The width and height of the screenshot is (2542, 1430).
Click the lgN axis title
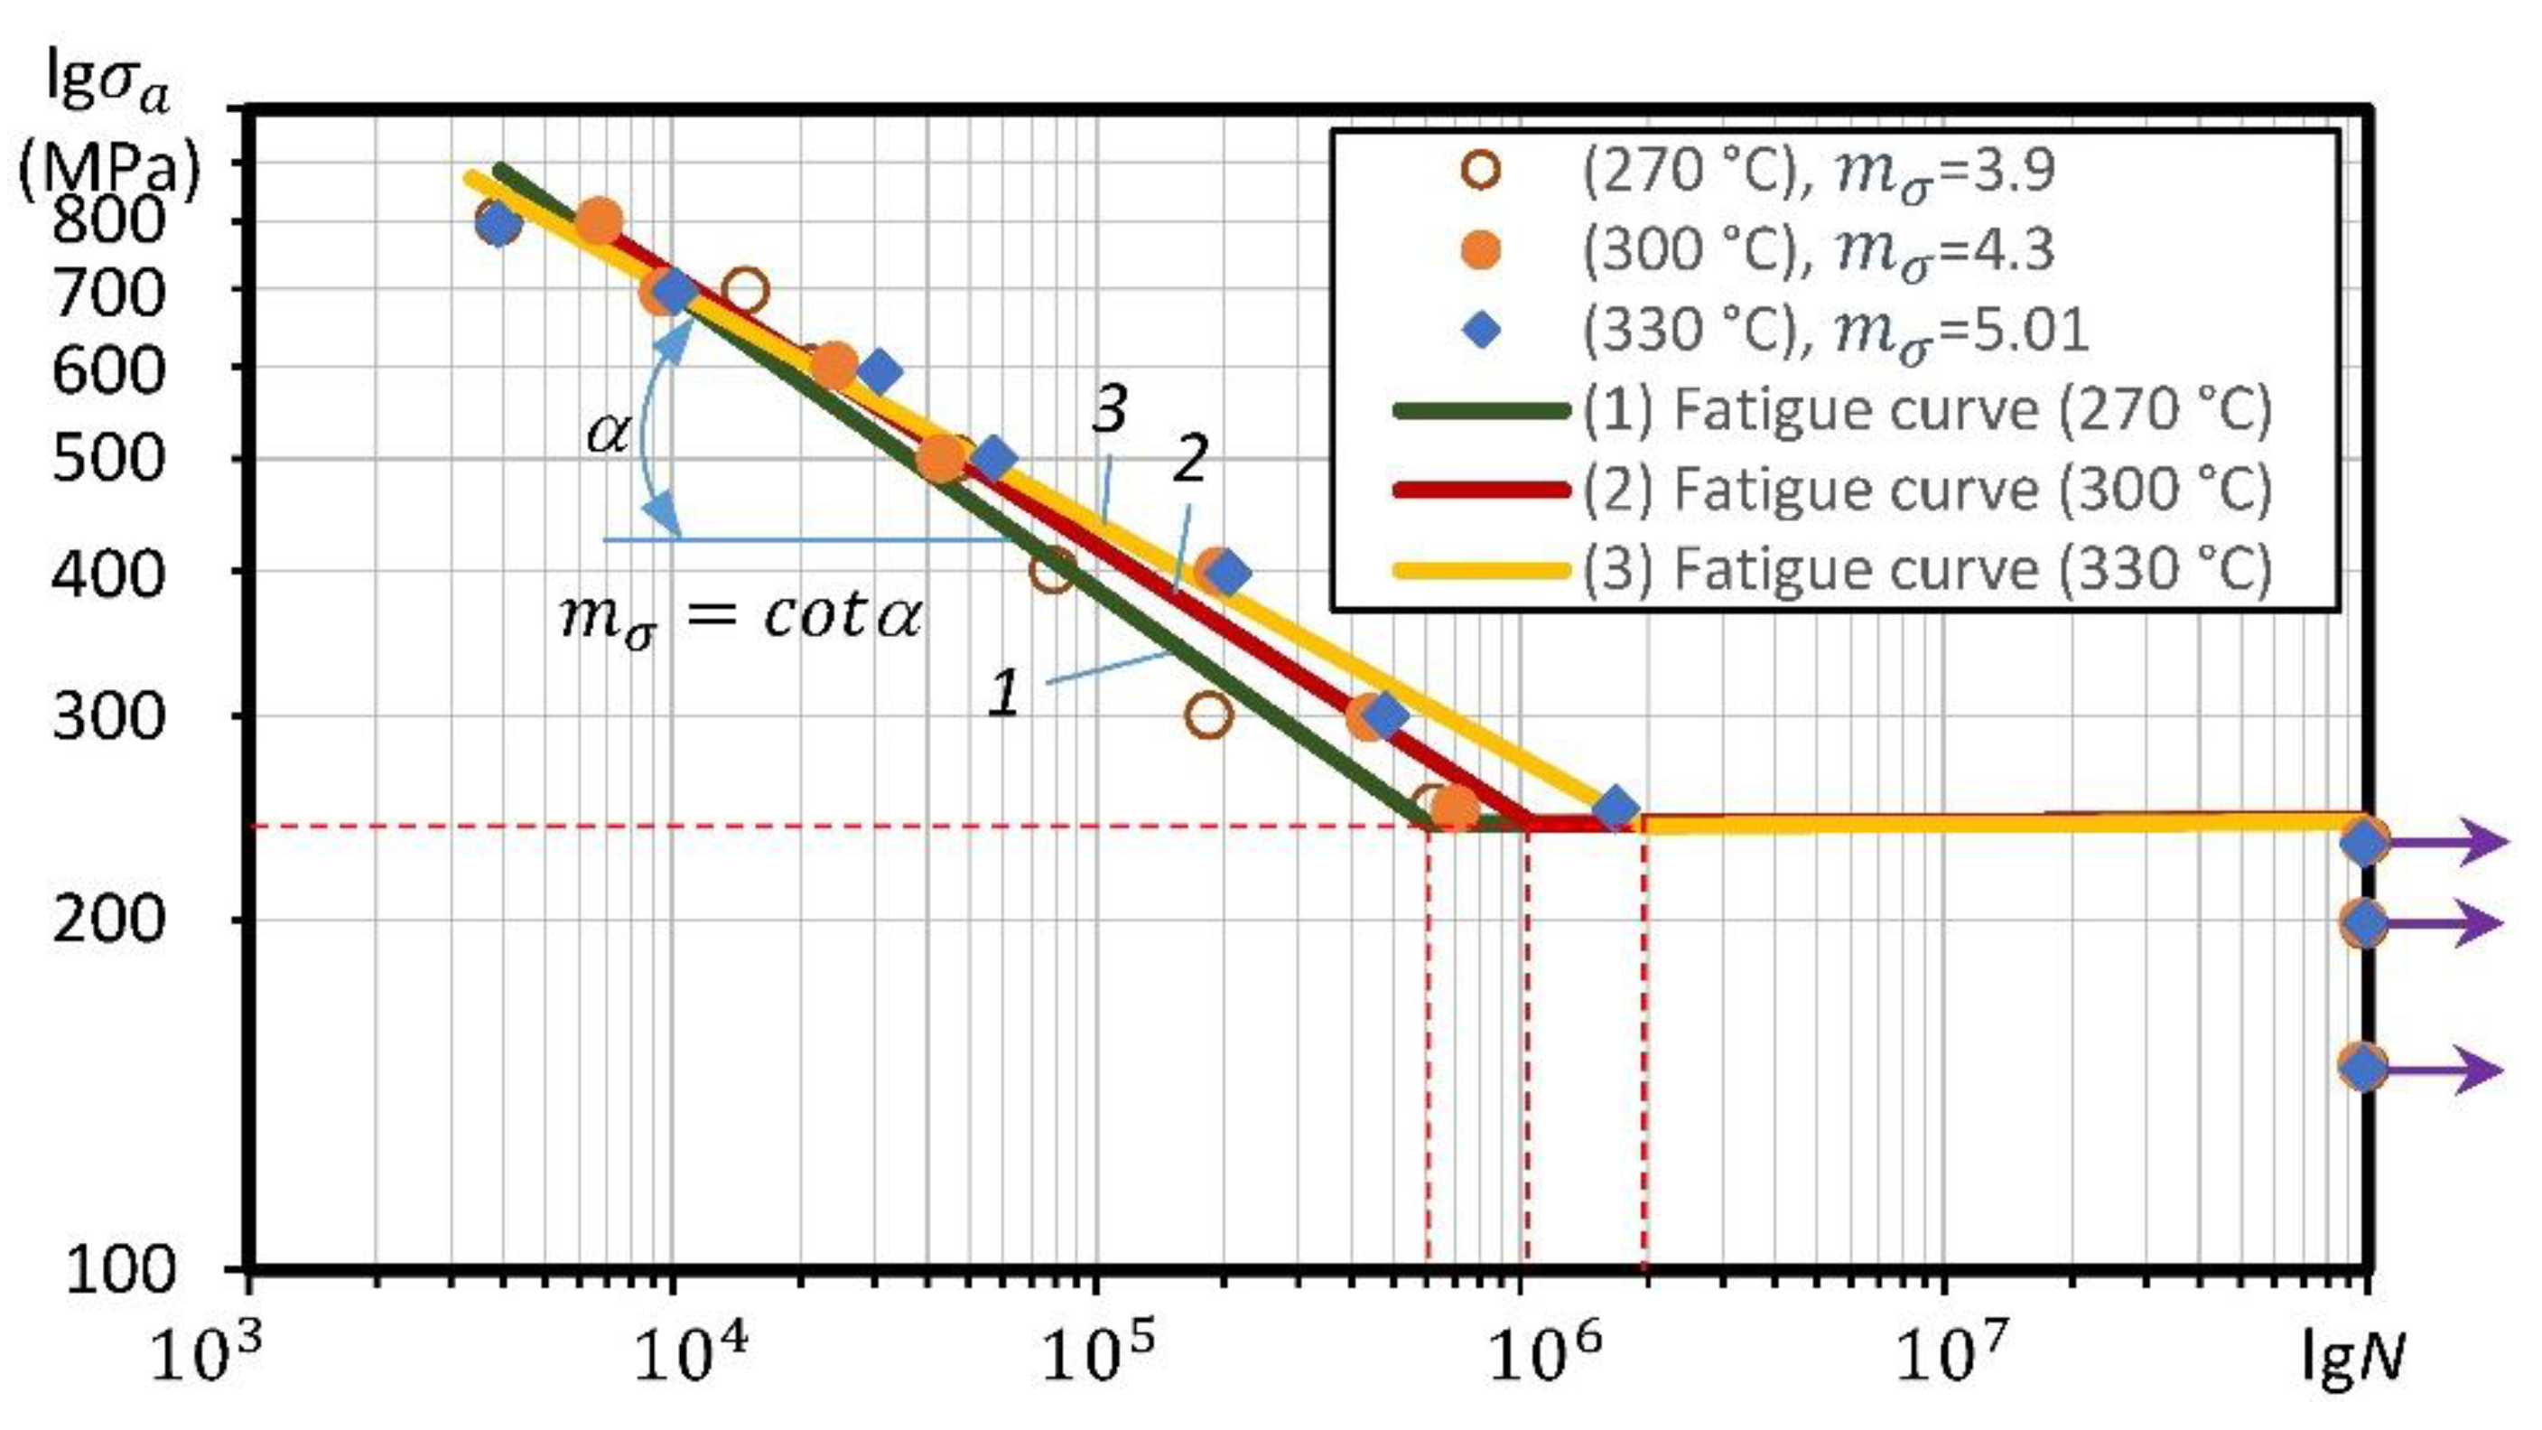click(x=2353, y=1359)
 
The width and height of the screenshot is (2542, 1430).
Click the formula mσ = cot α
click(x=740, y=617)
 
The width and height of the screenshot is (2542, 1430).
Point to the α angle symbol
click(x=607, y=433)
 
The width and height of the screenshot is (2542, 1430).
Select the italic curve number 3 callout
click(x=1109, y=408)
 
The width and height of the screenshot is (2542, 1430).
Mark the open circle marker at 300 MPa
click(x=1209, y=715)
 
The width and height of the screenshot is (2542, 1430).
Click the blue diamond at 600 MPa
click(x=880, y=372)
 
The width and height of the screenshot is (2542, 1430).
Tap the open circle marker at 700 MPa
click(x=745, y=291)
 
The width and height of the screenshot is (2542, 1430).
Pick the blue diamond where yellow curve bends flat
click(x=1616, y=808)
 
